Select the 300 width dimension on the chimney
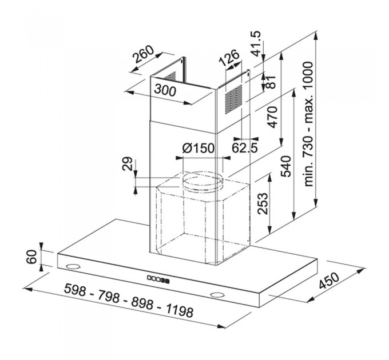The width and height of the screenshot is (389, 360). tap(165, 90)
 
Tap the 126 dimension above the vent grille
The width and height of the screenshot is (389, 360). tap(229, 58)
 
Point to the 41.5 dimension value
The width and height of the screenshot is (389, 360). tap(256, 43)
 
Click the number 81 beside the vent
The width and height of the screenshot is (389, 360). tap(271, 82)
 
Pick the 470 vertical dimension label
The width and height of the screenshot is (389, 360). tap(272, 117)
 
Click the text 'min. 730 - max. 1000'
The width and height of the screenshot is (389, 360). tap(308, 125)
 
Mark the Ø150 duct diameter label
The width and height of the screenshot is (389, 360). tap(198, 148)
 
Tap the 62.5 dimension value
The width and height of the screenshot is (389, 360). tap(245, 148)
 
